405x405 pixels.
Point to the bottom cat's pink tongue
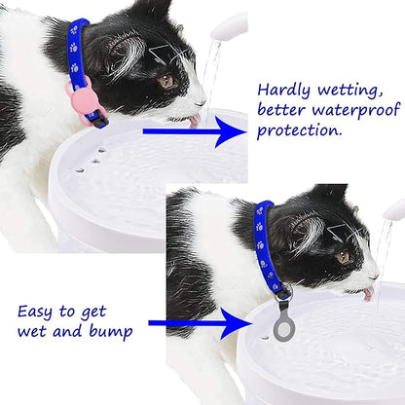coord(368,293)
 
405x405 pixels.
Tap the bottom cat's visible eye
coord(343,256)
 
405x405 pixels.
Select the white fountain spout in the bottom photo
coord(393,209)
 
